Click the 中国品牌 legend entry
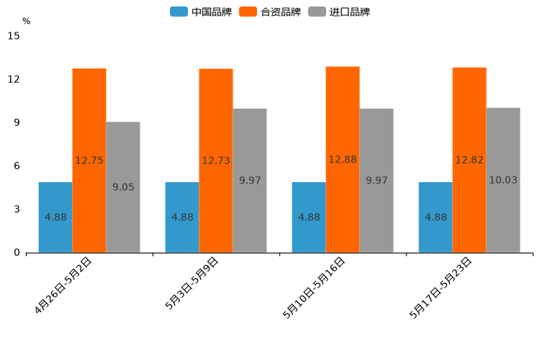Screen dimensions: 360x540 point(200,12)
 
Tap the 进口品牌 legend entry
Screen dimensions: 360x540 point(339,12)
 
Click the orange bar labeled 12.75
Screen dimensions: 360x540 point(89,160)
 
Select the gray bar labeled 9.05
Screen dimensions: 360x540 point(123,187)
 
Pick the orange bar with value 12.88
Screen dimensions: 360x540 point(343,159)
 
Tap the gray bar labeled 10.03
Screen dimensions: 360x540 point(503,180)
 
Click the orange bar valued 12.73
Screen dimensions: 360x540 point(216,160)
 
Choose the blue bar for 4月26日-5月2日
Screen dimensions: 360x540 point(55,217)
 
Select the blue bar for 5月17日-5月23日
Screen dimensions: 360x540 point(435,217)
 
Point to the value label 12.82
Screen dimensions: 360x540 point(470,160)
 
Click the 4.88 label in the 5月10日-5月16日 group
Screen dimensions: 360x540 point(309,217)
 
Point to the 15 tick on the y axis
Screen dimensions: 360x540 point(14,36)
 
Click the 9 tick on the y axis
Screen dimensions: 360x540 point(17,123)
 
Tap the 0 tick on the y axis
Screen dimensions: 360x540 point(17,253)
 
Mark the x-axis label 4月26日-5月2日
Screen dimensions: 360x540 point(64,285)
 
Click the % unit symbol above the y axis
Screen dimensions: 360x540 point(26,21)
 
